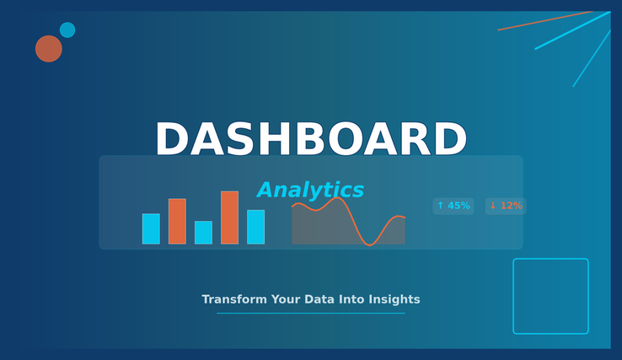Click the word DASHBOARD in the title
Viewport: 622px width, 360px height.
311,139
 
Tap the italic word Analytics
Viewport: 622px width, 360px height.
310,190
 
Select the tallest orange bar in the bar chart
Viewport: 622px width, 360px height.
230,218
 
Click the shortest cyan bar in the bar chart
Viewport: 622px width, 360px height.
203,232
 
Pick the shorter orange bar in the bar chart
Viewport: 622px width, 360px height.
177,221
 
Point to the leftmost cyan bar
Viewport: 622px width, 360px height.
151,228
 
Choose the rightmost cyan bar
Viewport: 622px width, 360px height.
256,227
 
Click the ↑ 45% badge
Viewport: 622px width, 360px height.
453,206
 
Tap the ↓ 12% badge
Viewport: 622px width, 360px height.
506,206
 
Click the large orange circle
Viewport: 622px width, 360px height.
49,49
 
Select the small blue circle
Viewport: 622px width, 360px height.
67,30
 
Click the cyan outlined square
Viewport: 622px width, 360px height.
513,296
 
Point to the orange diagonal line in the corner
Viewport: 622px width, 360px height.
545,20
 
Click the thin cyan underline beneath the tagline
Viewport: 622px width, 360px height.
311,313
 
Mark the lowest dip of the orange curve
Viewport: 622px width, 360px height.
370,245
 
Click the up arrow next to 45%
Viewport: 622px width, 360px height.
440,206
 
